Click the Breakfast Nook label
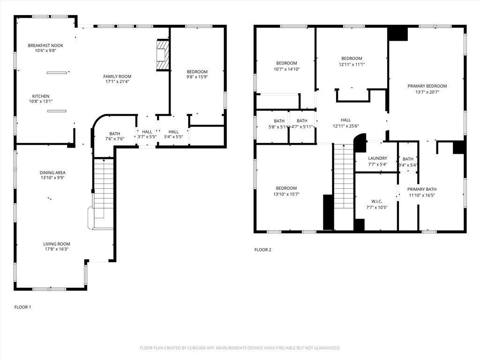(x=45, y=45)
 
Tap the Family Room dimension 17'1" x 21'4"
(x=117, y=82)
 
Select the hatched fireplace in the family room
(x=163, y=55)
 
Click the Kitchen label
(x=41, y=96)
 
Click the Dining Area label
(x=52, y=172)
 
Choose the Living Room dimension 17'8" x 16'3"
(x=57, y=249)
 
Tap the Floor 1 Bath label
(x=115, y=134)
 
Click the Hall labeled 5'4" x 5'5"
(x=173, y=135)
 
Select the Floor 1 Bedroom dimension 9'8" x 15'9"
(x=197, y=77)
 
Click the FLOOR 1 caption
(x=22, y=307)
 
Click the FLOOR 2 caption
(x=262, y=250)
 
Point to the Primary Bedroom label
(x=427, y=86)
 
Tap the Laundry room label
(x=377, y=158)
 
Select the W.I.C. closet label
(x=376, y=202)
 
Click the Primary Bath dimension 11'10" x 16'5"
(x=422, y=195)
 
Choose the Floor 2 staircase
(x=344, y=176)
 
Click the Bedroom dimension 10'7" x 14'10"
(x=286, y=69)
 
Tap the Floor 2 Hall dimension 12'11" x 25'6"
(x=345, y=126)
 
